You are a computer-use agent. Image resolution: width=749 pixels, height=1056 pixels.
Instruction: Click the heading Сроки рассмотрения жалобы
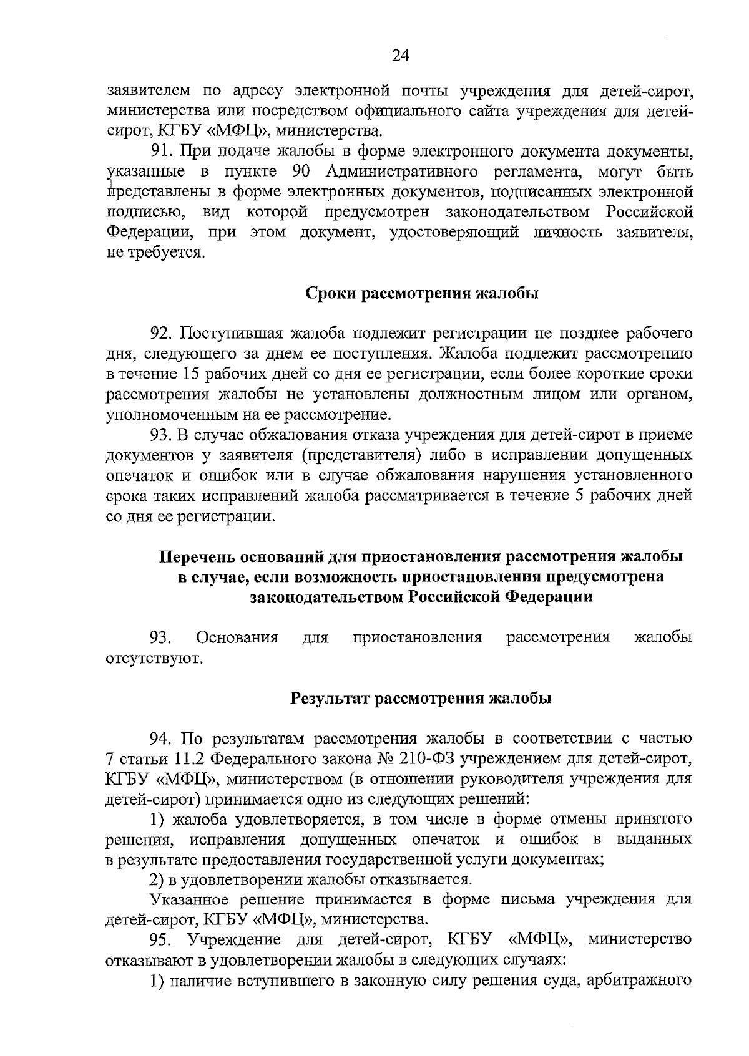pos(423,294)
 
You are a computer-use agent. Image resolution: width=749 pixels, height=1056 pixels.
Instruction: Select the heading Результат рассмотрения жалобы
pos(421,699)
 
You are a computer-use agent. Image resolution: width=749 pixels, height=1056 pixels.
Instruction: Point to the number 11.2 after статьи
pos(186,759)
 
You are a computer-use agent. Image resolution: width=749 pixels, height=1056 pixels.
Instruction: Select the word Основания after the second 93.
pos(237,638)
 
